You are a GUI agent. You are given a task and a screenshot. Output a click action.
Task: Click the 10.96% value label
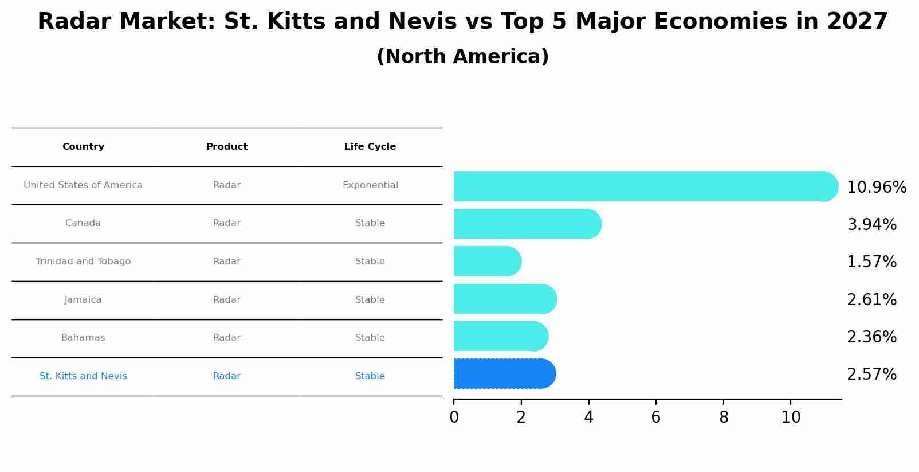876,188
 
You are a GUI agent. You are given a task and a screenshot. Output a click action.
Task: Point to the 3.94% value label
871,225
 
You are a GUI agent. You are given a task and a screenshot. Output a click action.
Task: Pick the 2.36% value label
871,337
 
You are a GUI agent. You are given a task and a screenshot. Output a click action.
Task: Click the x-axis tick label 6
656,418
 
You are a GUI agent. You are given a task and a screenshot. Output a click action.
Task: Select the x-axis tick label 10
791,418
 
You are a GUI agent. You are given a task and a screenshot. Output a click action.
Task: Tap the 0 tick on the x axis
454,418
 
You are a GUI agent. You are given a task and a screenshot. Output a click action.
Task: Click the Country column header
83,147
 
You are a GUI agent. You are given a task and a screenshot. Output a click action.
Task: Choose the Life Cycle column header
370,147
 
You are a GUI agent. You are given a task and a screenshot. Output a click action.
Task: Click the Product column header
227,147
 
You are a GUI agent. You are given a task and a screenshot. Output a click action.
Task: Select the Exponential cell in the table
370,185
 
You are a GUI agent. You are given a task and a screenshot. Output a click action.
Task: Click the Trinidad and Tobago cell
83,262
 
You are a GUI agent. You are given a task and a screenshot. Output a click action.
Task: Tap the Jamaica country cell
83,300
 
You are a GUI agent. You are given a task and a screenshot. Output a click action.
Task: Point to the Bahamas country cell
83,338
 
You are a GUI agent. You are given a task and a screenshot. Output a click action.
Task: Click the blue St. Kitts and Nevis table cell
83,376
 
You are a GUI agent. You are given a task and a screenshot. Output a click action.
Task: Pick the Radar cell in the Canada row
227,223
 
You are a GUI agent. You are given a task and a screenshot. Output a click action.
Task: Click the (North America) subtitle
462,57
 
